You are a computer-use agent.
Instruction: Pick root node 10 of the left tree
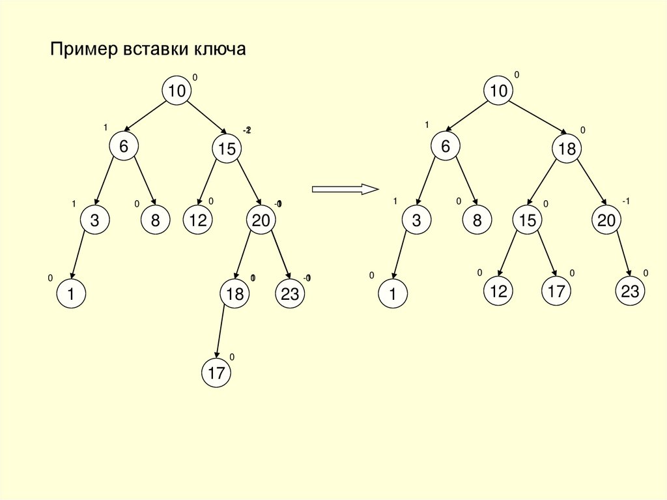[177, 91]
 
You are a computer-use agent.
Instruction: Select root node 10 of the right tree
[498, 91]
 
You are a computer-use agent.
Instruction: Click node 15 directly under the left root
[226, 149]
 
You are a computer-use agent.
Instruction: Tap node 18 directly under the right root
[566, 149]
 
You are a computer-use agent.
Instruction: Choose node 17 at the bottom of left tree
[216, 373]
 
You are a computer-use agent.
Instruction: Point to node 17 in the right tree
[556, 291]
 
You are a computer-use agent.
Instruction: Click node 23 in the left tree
[290, 294]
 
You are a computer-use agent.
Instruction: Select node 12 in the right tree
[498, 291]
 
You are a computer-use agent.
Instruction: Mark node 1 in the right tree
[393, 294]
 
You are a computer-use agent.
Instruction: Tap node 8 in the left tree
[155, 221]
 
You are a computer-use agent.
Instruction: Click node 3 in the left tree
[94, 221]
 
